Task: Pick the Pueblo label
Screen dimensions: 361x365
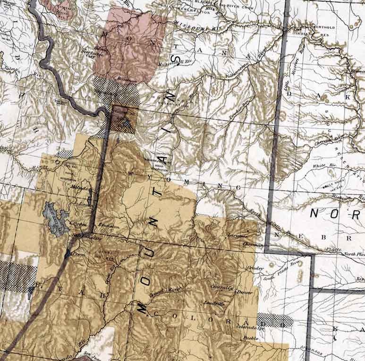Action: pos(250,338)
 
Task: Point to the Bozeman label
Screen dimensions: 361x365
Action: pos(126,80)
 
